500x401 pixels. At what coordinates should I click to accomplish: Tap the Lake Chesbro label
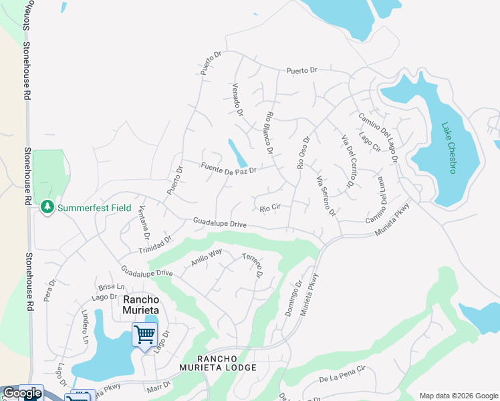[448, 148]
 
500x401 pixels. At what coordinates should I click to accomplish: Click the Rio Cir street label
[269, 207]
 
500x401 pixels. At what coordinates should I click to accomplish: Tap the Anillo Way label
[206, 257]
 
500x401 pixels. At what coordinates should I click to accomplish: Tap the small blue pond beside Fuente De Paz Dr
[237, 153]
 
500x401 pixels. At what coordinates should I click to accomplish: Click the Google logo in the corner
[21, 393]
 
